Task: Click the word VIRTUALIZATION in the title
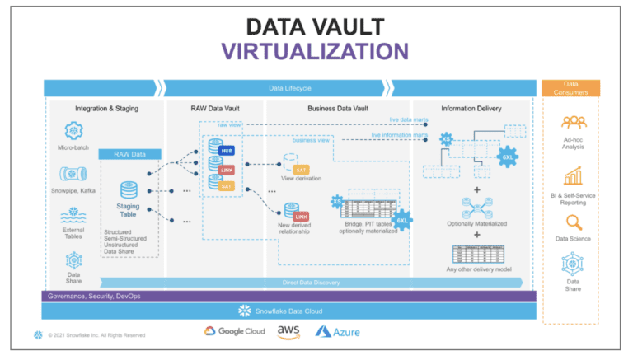316,51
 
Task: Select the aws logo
288,331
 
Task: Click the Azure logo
338,331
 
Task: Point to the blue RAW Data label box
123,153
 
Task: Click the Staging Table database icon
129,191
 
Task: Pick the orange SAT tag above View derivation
301,169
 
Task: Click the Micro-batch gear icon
73,130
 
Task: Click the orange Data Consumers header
570,88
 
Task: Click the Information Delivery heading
471,108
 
